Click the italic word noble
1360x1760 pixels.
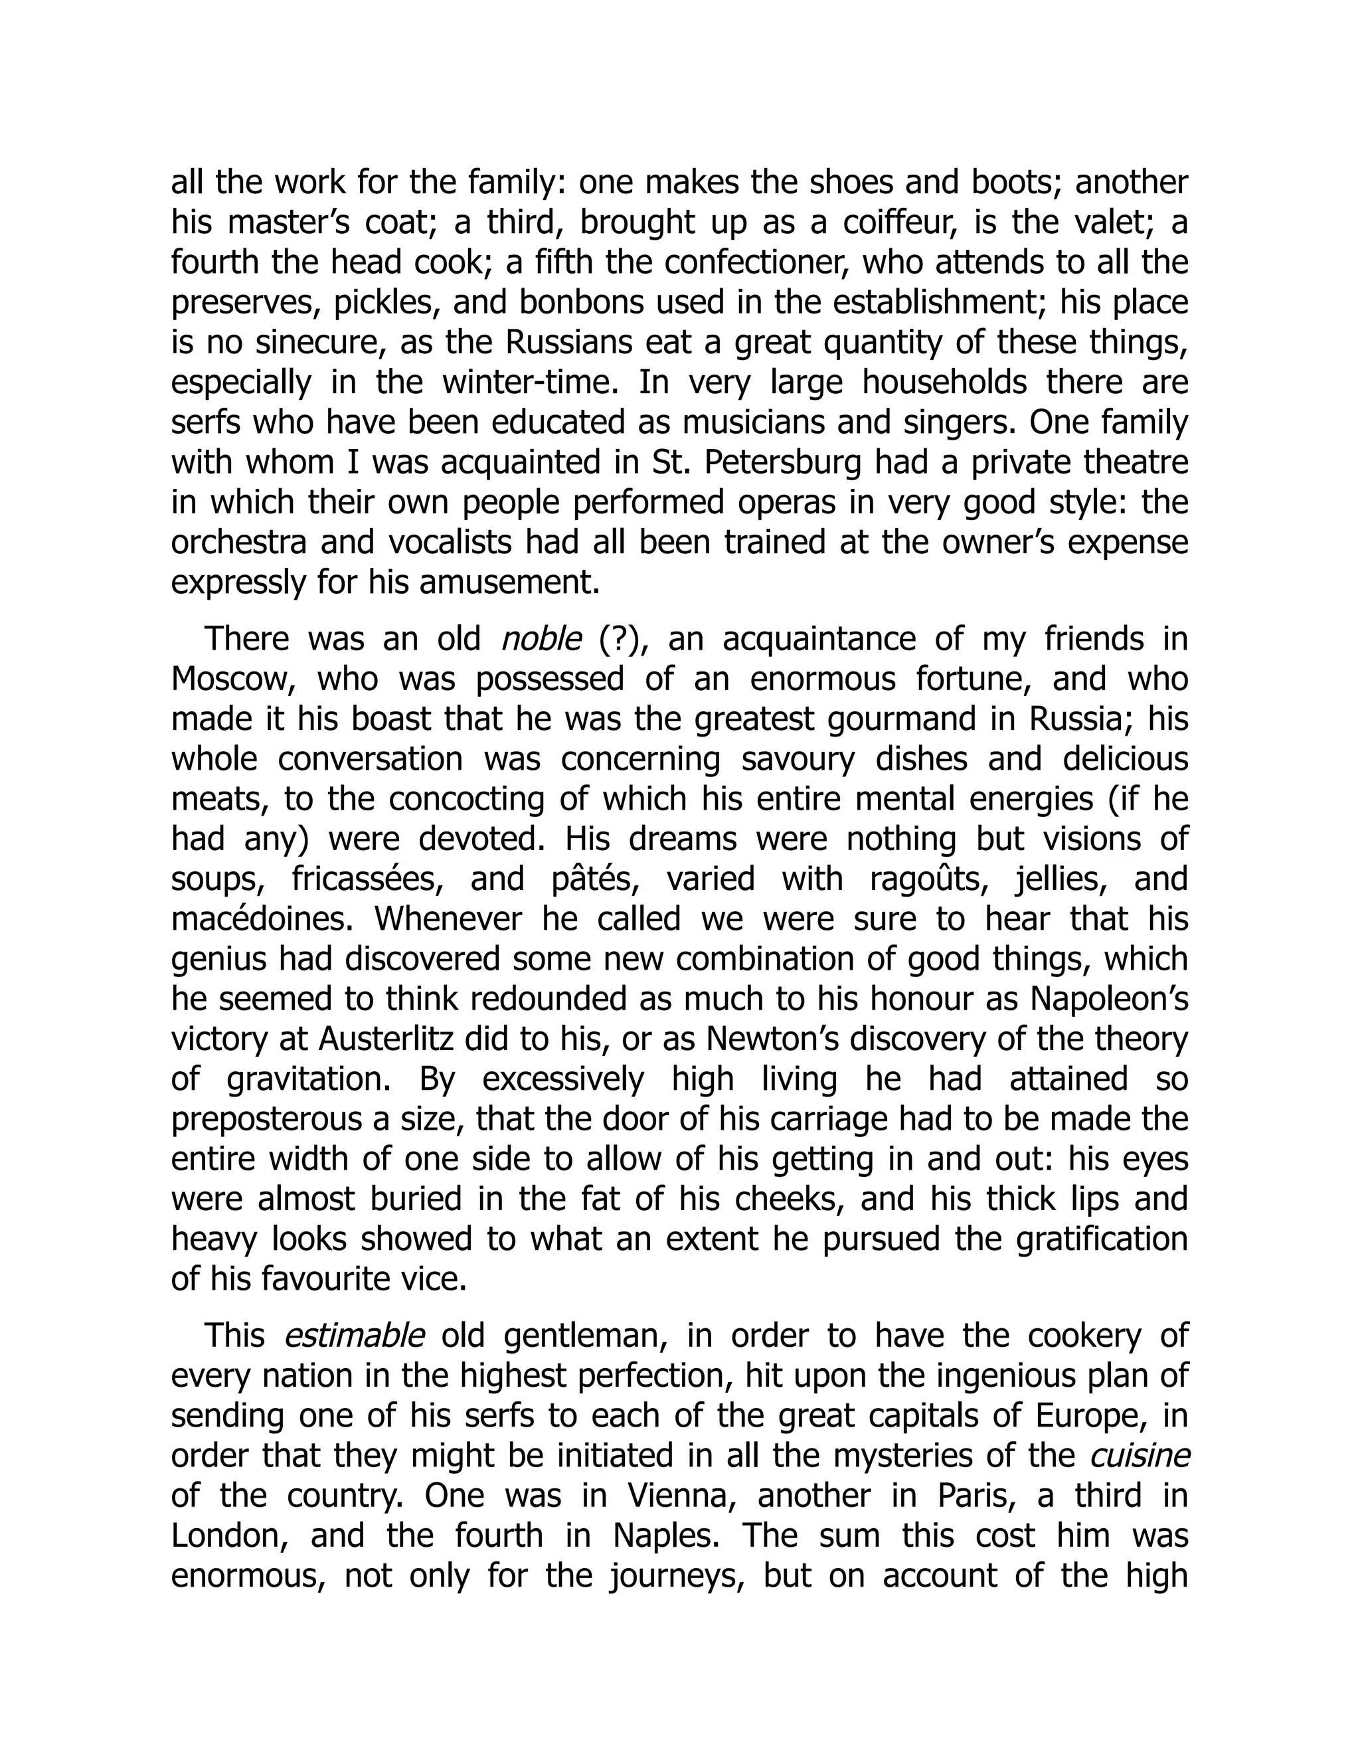tap(541, 640)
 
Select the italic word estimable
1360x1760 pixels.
tap(355, 1337)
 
